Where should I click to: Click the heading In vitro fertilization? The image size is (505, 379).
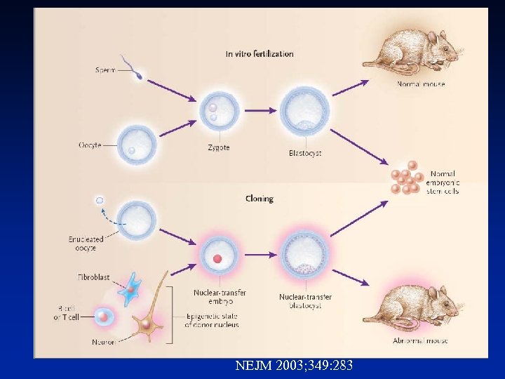click(260, 53)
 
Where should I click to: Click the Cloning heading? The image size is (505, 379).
click(260, 199)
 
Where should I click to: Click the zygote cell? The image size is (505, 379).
click(218, 113)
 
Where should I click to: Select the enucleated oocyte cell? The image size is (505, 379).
click(137, 221)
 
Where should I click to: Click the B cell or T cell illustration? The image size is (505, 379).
click(103, 317)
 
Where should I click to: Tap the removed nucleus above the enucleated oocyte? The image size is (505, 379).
click(100, 201)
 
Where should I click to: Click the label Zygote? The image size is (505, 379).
click(218, 148)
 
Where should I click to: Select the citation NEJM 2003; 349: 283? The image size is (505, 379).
click(294, 365)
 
